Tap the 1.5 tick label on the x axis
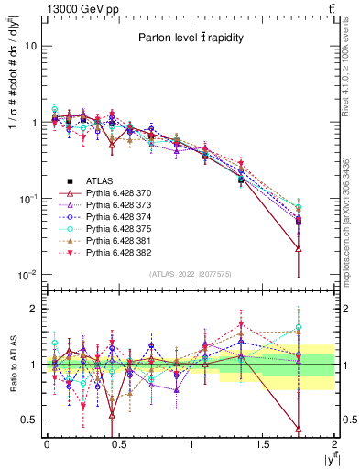tap(263, 443)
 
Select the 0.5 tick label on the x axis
tap(118, 443)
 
